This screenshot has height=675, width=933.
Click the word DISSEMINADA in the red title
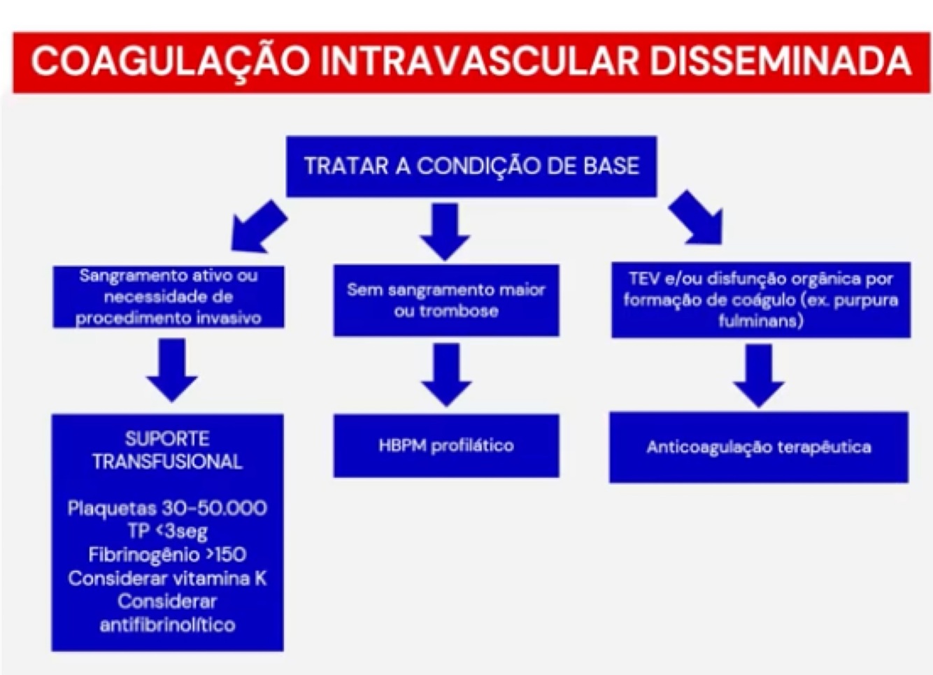pyautogui.click(x=780, y=61)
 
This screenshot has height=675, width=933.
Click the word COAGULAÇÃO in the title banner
pyautogui.click(x=170, y=61)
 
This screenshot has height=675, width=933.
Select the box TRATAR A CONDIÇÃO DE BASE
pyautogui.click(x=471, y=166)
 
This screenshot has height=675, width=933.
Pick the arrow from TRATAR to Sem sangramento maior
pyautogui.click(x=445, y=231)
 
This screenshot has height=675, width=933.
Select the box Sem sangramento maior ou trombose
pyautogui.click(x=446, y=300)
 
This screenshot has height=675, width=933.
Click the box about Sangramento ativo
pyautogui.click(x=168, y=297)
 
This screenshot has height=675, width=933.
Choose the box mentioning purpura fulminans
pyautogui.click(x=760, y=300)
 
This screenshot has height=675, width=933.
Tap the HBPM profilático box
pyautogui.click(x=446, y=446)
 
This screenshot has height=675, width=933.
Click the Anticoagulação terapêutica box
pyautogui.click(x=758, y=447)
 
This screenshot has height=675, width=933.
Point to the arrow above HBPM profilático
pyautogui.click(x=446, y=375)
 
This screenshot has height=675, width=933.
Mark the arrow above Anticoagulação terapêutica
pyautogui.click(x=759, y=375)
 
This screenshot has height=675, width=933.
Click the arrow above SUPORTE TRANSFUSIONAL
pyautogui.click(x=171, y=369)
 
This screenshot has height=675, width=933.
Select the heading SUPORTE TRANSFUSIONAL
pyautogui.click(x=167, y=450)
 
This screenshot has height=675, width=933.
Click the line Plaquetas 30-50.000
pyautogui.click(x=167, y=508)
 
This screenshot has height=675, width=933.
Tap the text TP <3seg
pyautogui.click(x=167, y=532)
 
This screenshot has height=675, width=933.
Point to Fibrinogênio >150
pyautogui.click(x=167, y=555)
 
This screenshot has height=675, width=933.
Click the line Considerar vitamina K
pyautogui.click(x=167, y=579)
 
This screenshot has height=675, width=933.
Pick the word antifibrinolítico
pyautogui.click(x=167, y=625)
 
